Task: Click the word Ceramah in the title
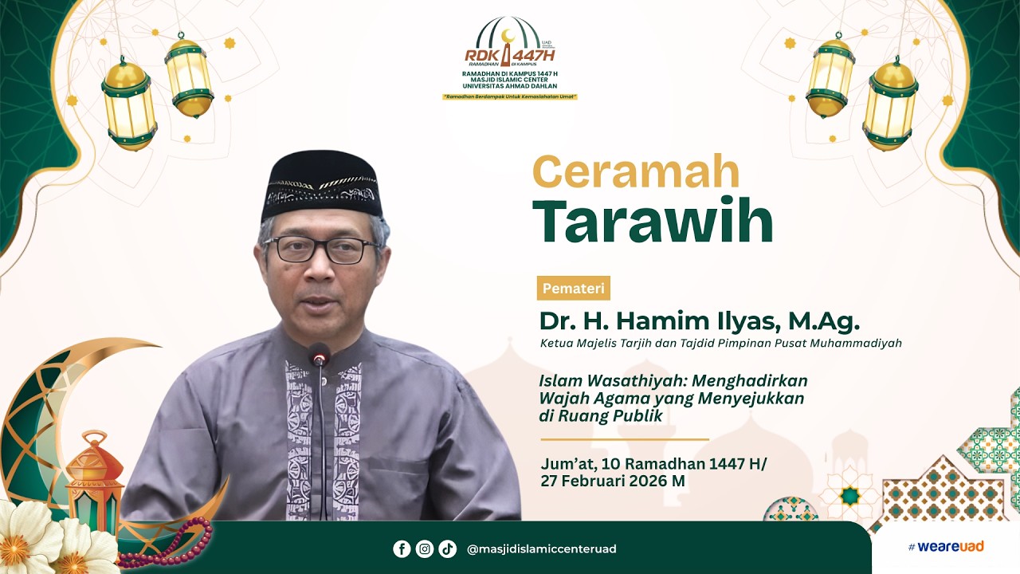pyautogui.click(x=636, y=171)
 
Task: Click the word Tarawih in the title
pyautogui.click(x=653, y=221)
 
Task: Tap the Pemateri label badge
pyautogui.click(x=574, y=288)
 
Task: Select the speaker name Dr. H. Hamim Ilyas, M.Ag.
pyautogui.click(x=700, y=320)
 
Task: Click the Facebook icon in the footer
pyautogui.click(x=402, y=548)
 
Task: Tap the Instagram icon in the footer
pyautogui.click(x=425, y=548)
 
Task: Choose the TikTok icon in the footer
pyautogui.click(x=447, y=548)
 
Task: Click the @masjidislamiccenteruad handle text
pyautogui.click(x=541, y=549)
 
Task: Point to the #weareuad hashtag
pyautogui.click(x=945, y=547)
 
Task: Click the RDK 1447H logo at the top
pyautogui.click(x=510, y=48)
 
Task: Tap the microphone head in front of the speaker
pyautogui.click(x=320, y=355)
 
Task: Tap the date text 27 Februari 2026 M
pyautogui.click(x=612, y=482)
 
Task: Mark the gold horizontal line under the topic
pyautogui.click(x=624, y=439)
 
